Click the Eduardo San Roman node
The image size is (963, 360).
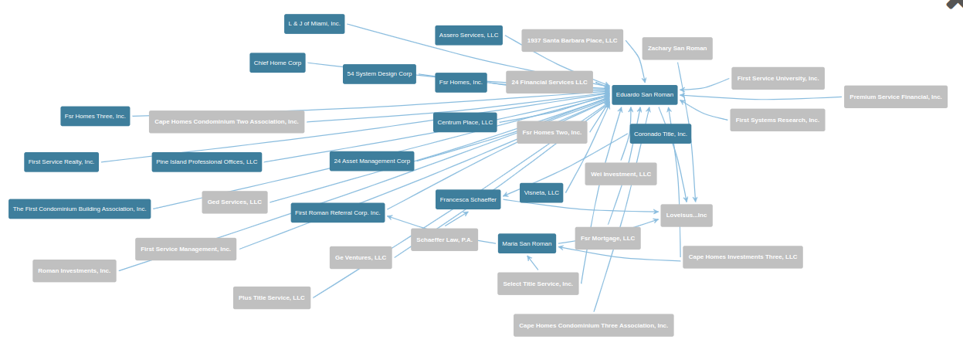(x=644, y=95)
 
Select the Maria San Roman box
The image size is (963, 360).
(x=527, y=243)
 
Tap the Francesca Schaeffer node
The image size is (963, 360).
(x=468, y=199)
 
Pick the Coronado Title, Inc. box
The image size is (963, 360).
(x=660, y=134)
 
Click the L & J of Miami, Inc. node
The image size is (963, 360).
(x=314, y=24)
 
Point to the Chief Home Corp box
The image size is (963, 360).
(x=277, y=63)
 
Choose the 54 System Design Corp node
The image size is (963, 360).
(x=379, y=74)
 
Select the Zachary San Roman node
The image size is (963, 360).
(x=677, y=49)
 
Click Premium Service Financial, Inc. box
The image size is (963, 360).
(x=895, y=97)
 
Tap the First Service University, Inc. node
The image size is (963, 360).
(x=778, y=78)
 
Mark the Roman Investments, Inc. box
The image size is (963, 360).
(x=74, y=270)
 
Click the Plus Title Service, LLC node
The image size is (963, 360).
(x=272, y=297)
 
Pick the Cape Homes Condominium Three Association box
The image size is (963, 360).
(x=593, y=325)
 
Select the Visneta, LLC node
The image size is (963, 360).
(x=541, y=192)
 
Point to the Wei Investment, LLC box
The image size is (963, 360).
(x=621, y=174)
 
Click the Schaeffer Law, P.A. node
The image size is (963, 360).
(x=444, y=239)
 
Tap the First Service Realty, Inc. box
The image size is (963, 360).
(x=61, y=161)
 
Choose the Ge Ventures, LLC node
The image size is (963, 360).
(x=361, y=257)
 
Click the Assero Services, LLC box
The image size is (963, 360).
(x=469, y=35)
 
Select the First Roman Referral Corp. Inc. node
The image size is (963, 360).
(x=337, y=212)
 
